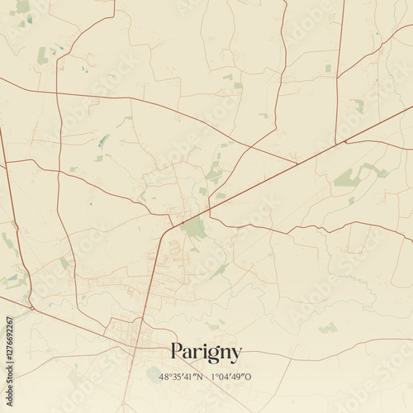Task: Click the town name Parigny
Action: pyautogui.click(x=206, y=352)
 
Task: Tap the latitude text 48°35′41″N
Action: pyautogui.click(x=184, y=377)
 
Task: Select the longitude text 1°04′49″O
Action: pyautogui.click(x=231, y=377)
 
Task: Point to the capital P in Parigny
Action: pyautogui.click(x=176, y=351)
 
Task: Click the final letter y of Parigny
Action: pyautogui.click(x=236, y=354)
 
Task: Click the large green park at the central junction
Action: pyautogui.click(x=195, y=227)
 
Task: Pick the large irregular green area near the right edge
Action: pyautogui.click(x=355, y=175)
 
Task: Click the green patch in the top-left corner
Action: pyautogui.click(x=22, y=7)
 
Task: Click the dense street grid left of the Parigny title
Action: pyautogui.click(x=132, y=335)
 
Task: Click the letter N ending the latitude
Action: pyautogui.click(x=201, y=377)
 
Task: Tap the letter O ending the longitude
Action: pyautogui.click(x=249, y=377)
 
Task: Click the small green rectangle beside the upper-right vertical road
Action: pyautogui.click(x=328, y=69)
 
